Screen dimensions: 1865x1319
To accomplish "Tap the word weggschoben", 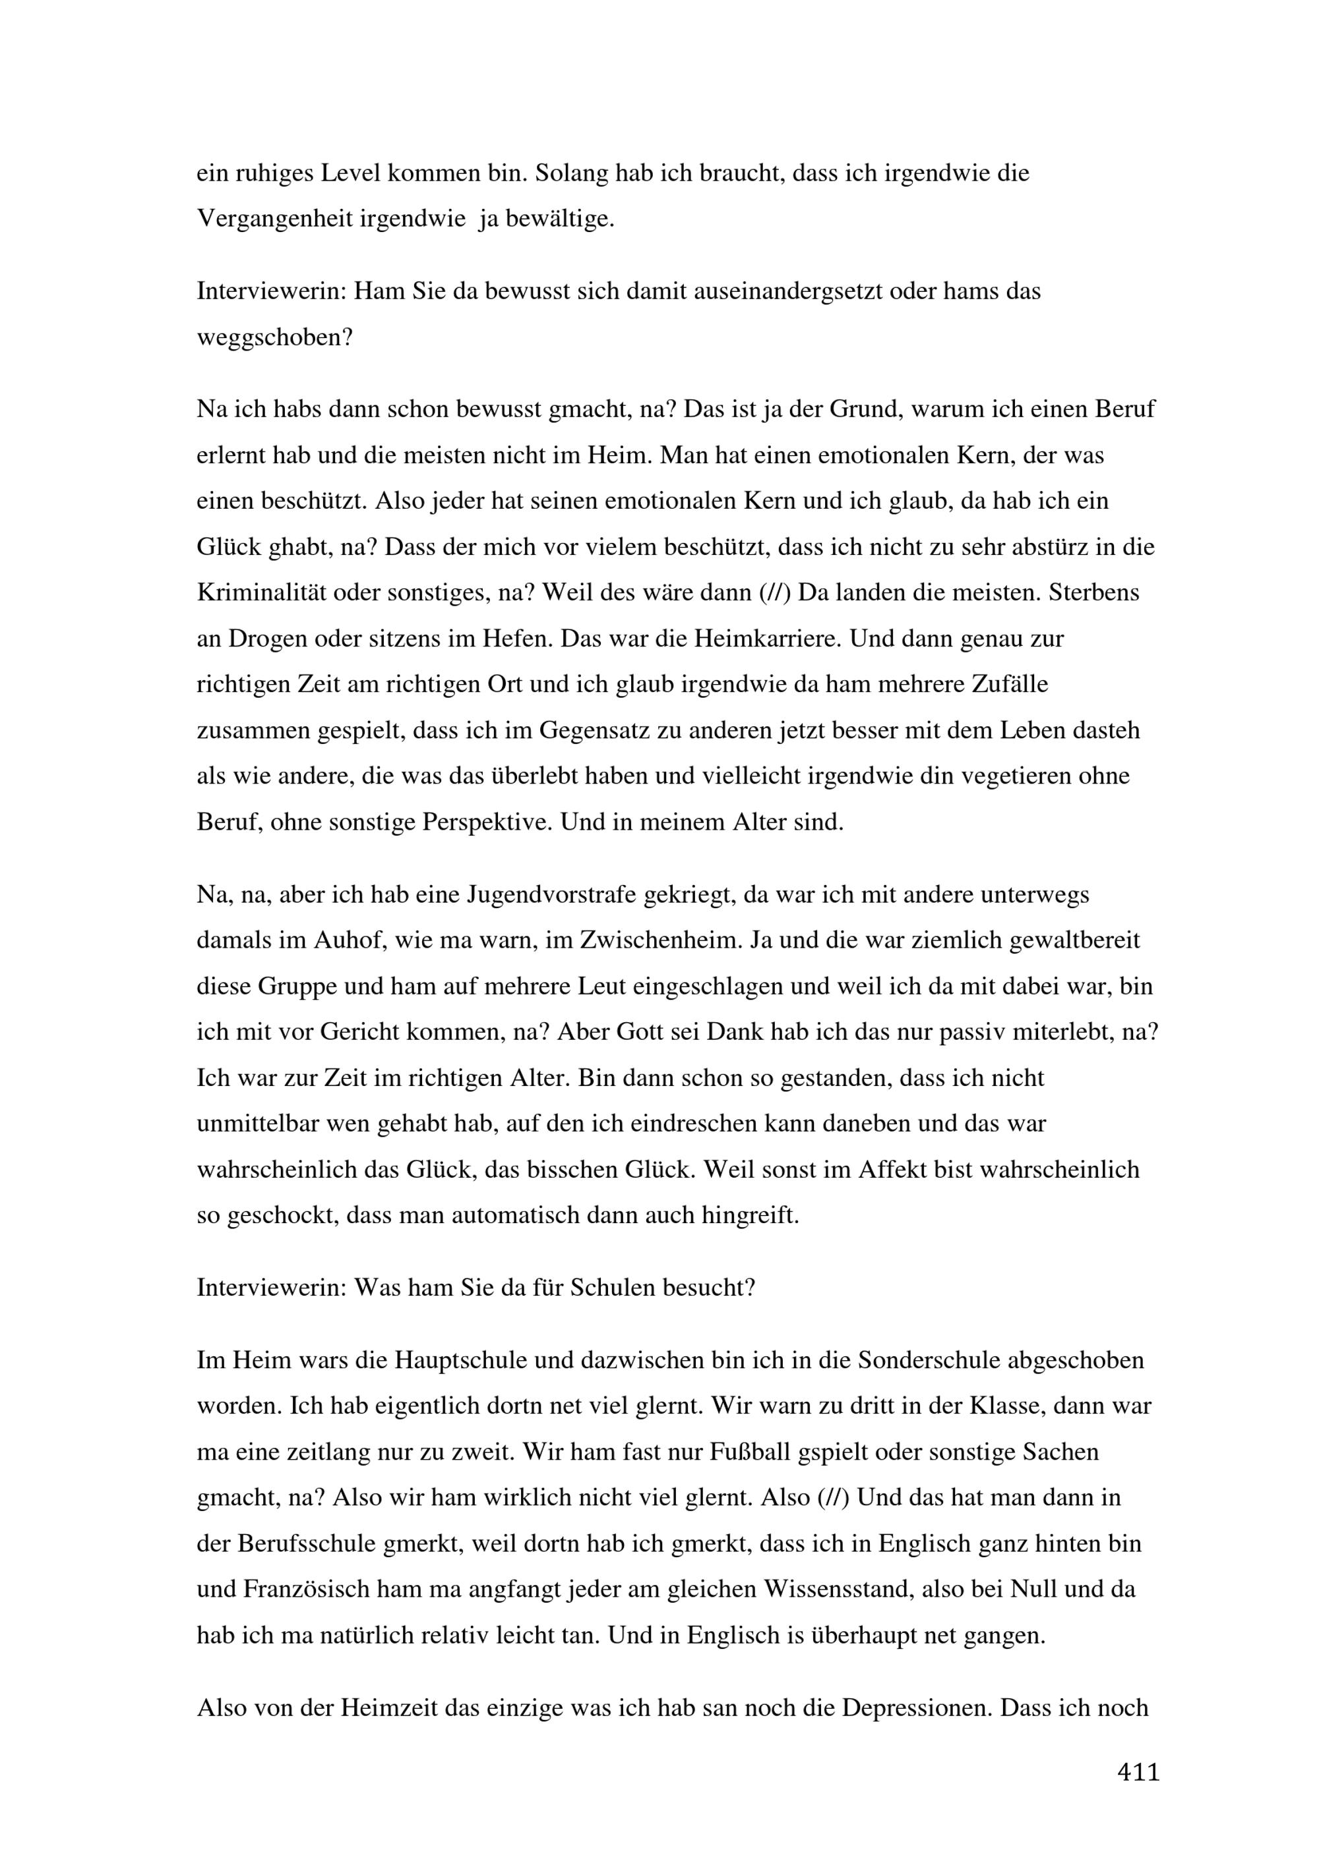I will coord(274,337).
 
